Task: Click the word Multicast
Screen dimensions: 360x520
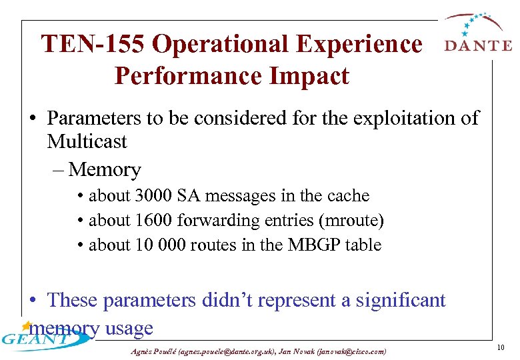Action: [x=87, y=141]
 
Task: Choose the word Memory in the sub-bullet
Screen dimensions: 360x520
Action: [x=105, y=170]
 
